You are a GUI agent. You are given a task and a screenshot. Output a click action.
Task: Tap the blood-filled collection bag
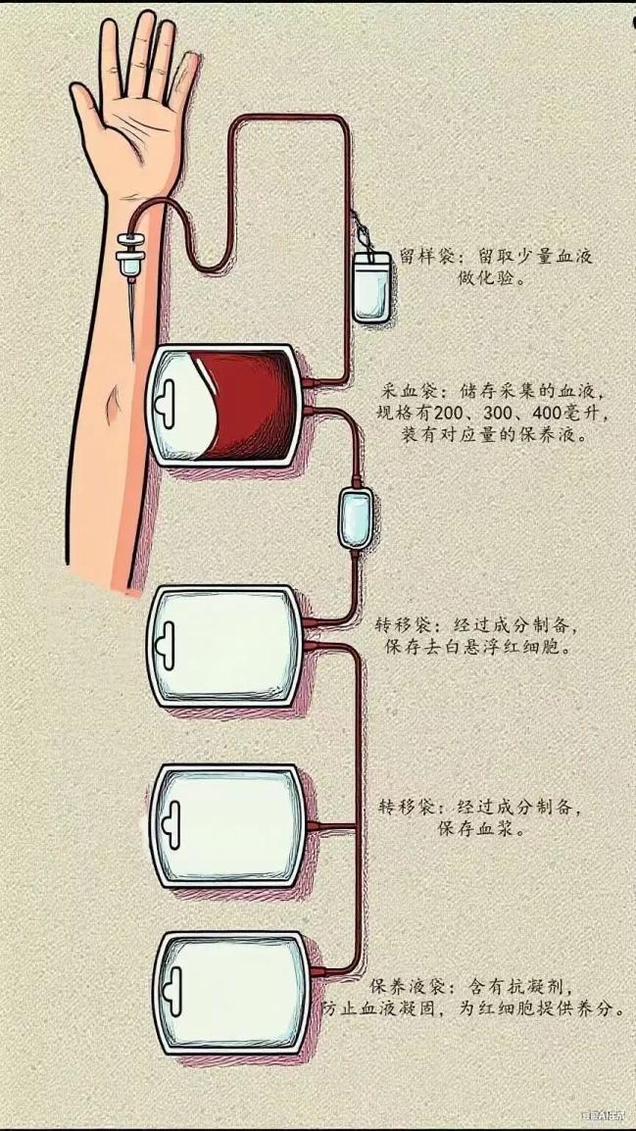coord(224,404)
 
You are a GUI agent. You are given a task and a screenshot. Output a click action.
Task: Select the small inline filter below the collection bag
coord(355,516)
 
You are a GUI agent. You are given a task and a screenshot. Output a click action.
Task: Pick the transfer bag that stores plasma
coord(227,824)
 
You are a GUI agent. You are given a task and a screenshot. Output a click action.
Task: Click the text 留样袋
coord(422,257)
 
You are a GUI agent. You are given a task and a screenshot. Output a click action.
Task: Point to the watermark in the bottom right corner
coord(605,1114)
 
